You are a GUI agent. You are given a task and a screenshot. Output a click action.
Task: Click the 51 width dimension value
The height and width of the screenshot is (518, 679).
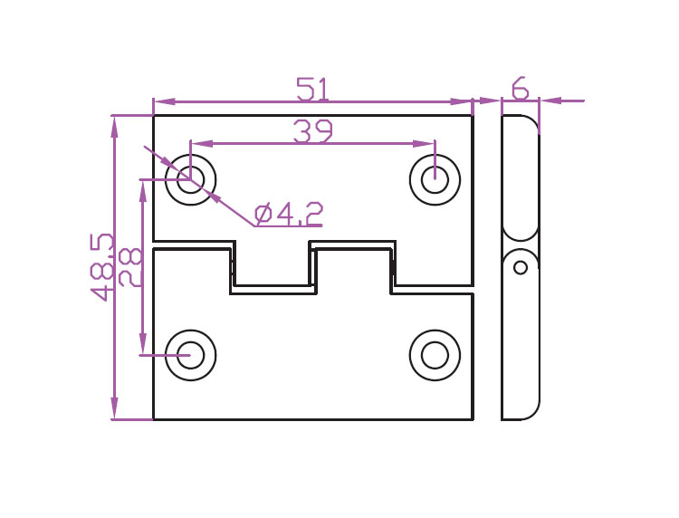pos(312,90)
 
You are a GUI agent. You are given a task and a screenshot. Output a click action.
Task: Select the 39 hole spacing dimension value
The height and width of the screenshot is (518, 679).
pos(313,132)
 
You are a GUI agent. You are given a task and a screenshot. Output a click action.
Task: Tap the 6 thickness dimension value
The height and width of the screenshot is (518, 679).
pos(520,89)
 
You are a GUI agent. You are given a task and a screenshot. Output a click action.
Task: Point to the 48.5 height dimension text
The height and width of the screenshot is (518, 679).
pos(102,266)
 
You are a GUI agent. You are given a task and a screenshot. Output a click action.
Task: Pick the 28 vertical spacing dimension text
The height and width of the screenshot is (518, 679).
pos(130,266)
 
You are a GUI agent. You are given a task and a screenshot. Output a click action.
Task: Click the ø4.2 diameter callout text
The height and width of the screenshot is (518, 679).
pos(289,215)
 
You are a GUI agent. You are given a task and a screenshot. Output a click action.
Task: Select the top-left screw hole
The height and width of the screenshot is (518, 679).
pos(190,178)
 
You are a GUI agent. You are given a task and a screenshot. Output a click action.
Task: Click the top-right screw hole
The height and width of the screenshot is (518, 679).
pos(435,178)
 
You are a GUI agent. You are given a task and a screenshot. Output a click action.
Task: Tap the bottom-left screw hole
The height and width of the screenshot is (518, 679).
pos(190,355)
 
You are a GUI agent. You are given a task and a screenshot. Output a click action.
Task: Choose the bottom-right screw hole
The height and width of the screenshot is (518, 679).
pos(435,355)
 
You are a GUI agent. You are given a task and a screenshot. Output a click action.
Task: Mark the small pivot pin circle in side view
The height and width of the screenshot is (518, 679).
pos(521,267)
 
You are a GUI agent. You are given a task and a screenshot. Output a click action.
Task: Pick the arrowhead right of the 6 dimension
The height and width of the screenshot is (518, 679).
pos(550,101)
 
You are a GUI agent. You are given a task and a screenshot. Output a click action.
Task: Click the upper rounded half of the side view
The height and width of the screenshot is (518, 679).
pos(521,177)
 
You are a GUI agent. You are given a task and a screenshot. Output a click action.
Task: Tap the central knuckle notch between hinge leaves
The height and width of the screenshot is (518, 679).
pos(273,266)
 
